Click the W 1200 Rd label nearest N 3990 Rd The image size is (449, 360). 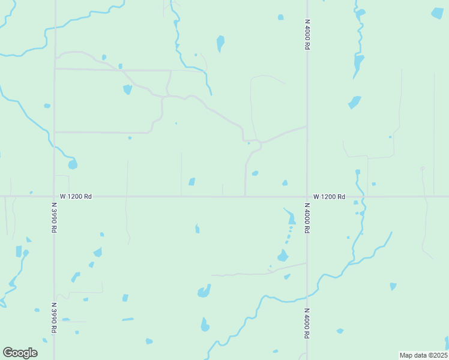(76, 196)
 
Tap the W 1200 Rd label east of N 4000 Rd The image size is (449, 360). (329, 196)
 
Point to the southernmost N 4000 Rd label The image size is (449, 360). (307, 325)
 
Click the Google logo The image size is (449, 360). (20, 353)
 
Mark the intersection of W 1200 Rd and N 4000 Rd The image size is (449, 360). (307, 196)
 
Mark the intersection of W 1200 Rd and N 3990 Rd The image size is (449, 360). (54, 196)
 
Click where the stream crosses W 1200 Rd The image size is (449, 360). (363, 196)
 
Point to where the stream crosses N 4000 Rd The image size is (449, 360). (307, 295)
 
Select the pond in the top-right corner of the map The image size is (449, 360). (438, 13)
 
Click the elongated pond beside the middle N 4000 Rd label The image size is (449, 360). (291, 217)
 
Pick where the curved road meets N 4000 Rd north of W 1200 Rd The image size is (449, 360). (307, 127)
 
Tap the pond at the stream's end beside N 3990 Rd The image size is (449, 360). (73, 164)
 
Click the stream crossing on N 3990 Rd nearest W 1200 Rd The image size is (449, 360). (54, 146)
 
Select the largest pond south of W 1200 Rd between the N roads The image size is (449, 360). (204, 292)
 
